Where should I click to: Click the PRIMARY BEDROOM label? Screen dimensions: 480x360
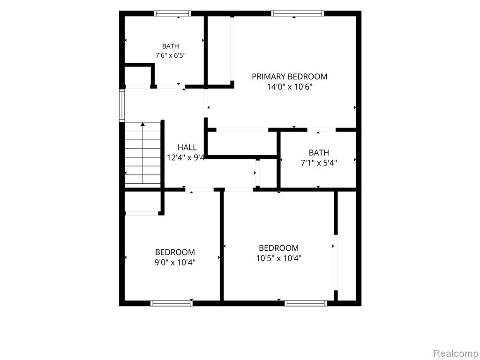(289, 76)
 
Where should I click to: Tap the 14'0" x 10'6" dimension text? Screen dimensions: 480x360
(289, 87)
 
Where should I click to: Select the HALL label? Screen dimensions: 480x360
(187, 148)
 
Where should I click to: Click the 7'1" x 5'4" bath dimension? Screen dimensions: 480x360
(319, 163)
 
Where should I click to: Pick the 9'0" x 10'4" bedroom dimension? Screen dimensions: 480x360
(175, 262)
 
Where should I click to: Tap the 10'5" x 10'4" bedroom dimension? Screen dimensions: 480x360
(278, 258)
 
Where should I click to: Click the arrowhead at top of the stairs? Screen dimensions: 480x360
(142, 124)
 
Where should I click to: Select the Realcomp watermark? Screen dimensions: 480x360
(455, 353)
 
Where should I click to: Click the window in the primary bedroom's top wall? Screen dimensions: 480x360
(297, 14)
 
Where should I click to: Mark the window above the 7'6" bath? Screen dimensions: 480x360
(172, 14)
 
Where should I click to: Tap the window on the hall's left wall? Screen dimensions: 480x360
(122, 105)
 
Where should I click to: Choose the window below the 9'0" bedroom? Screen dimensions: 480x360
(172, 303)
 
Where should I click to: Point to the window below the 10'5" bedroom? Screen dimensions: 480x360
(306, 303)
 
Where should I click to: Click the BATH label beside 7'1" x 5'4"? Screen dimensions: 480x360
(319, 152)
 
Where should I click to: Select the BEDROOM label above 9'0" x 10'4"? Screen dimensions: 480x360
(175, 252)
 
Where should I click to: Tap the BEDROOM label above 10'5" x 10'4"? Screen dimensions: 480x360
(278, 248)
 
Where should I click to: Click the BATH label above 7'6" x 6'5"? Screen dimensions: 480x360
(171, 46)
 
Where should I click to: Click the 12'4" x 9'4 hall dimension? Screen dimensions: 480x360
(186, 158)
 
